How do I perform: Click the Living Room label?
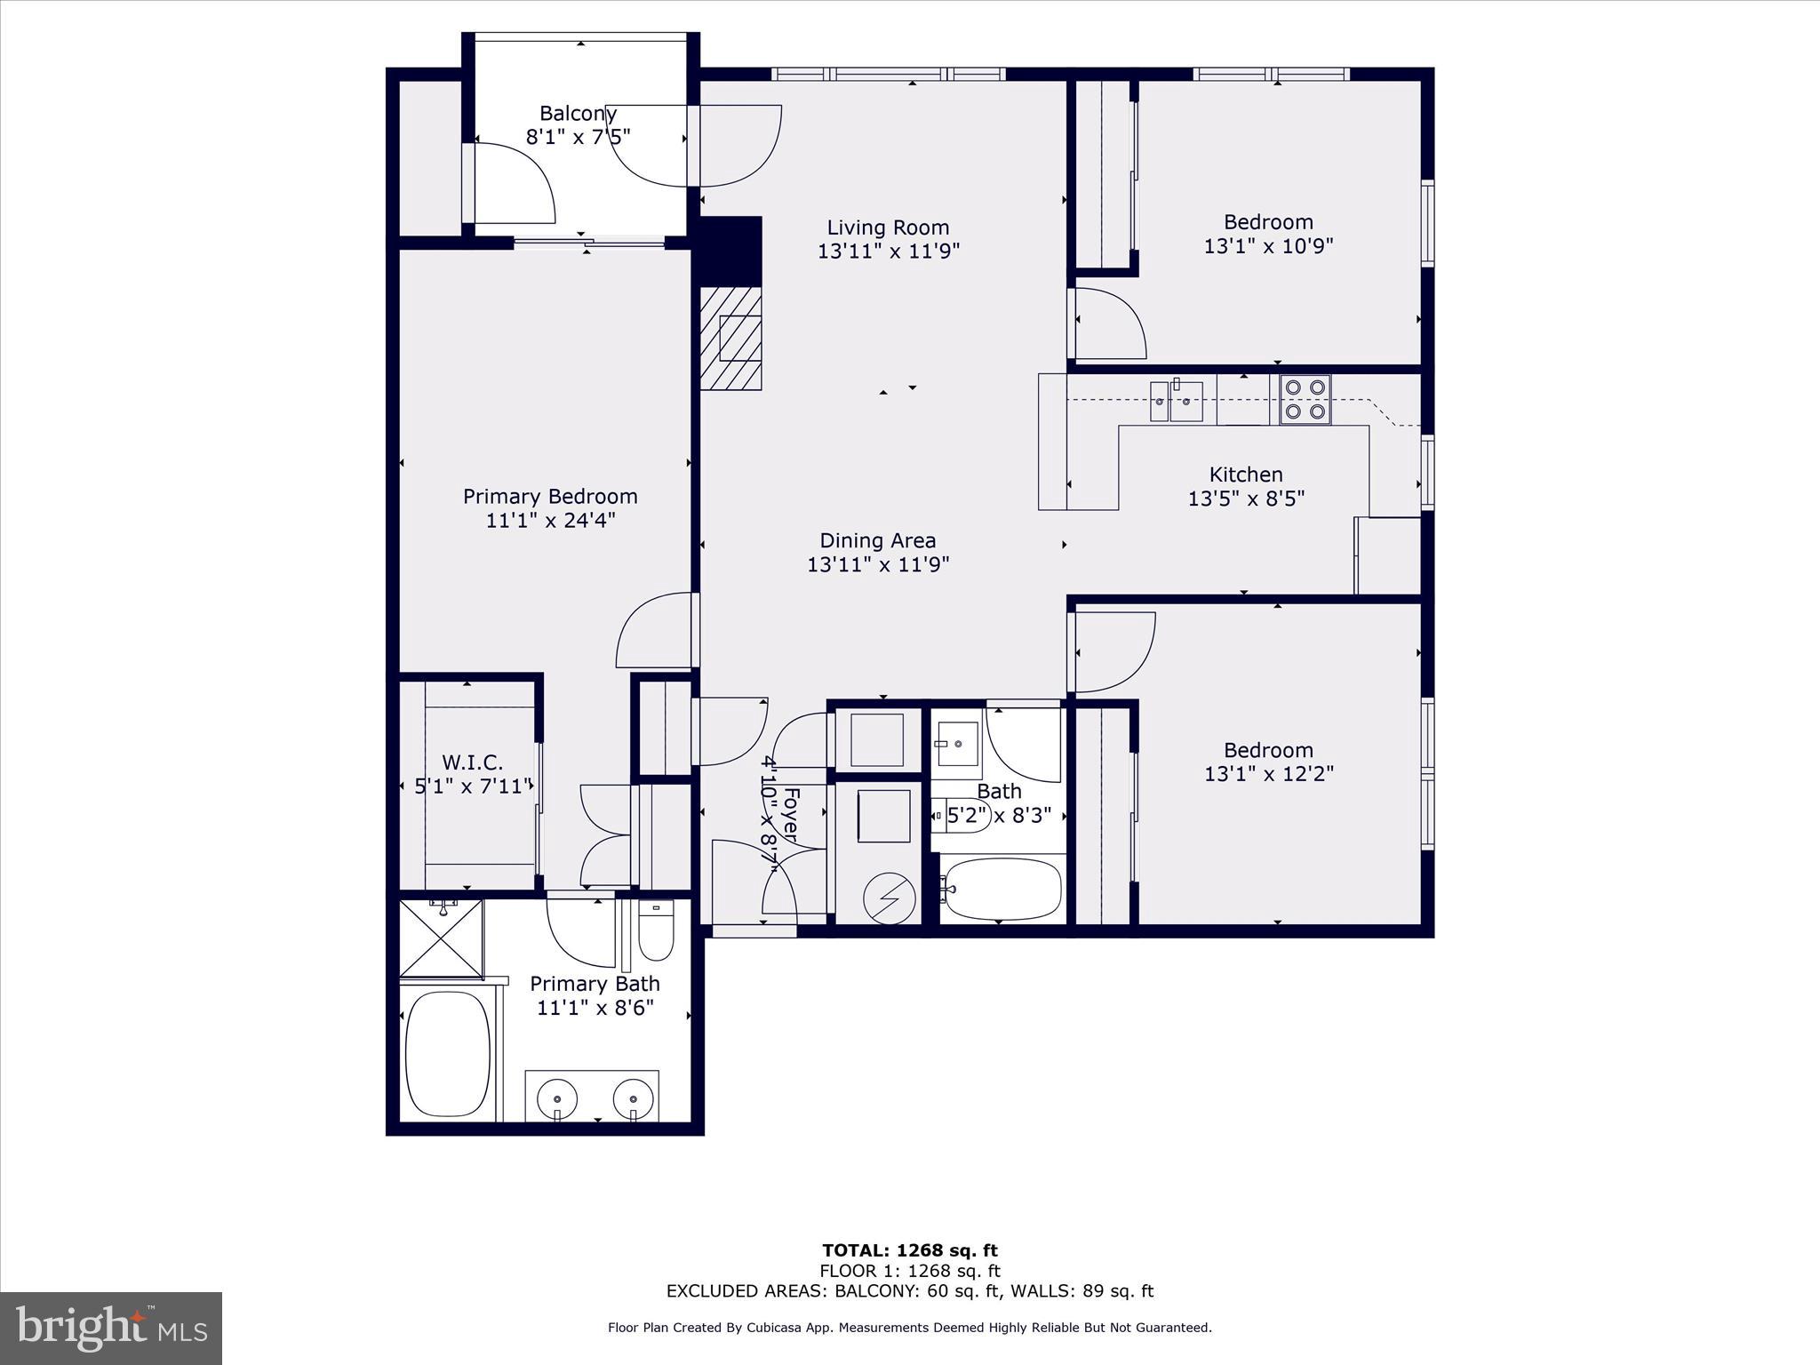pyautogui.click(x=888, y=227)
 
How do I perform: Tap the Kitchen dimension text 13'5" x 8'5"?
pyautogui.click(x=1246, y=499)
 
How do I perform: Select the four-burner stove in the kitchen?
pyautogui.click(x=1305, y=400)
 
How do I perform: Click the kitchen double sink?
pyautogui.click(x=1176, y=402)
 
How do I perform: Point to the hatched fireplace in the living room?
pyautogui.click(x=730, y=338)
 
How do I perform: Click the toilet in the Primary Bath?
pyautogui.click(x=657, y=930)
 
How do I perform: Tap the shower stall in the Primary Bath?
pyautogui.click(x=441, y=938)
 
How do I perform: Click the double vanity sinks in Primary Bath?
pyautogui.click(x=591, y=1096)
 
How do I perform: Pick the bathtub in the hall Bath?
pyautogui.click(x=1002, y=889)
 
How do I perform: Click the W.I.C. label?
pyautogui.click(x=473, y=762)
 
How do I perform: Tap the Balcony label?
pyautogui.click(x=578, y=114)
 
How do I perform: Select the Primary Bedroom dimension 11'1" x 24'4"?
pyautogui.click(x=550, y=520)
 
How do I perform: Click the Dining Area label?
pyautogui.click(x=877, y=540)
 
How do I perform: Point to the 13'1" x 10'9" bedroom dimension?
pyautogui.click(x=1268, y=246)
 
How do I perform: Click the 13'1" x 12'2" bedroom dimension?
pyautogui.click(x=1268, y=774)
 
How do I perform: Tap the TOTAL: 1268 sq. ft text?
pyautogui.click(x=909, y=1251)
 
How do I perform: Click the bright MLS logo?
pyautogui.click(x=111, y=1328)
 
